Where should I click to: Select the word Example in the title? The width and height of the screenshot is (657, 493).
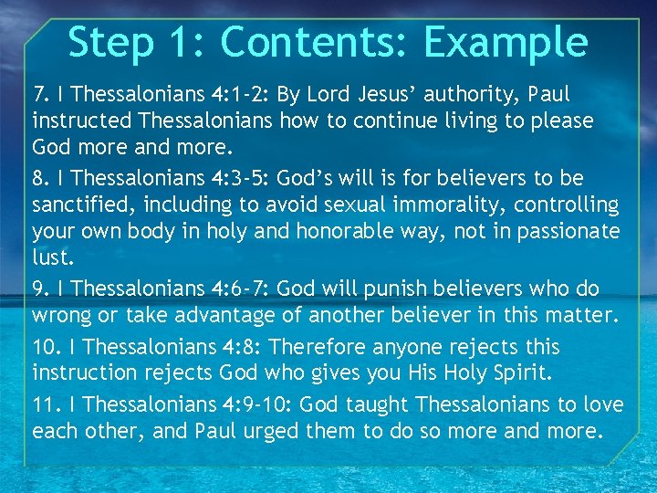[511, 43]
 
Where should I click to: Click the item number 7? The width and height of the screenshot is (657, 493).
[40, 93]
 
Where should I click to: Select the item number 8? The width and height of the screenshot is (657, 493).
[40, 177]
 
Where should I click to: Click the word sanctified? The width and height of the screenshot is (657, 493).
[76, 204]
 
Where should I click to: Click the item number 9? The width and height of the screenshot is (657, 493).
[40, 288]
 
